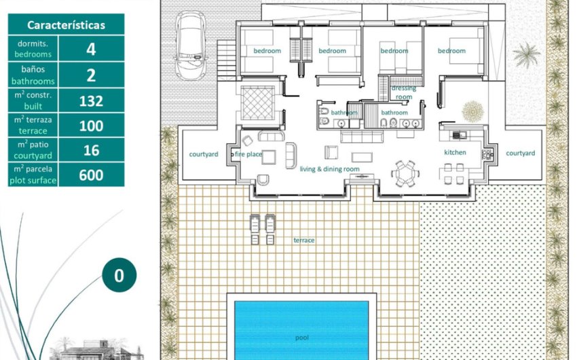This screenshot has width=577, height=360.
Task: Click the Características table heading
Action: [x=67, y=25]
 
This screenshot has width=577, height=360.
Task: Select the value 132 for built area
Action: [x=91, y=101]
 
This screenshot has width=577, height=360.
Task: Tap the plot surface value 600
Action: [x=91, y=175]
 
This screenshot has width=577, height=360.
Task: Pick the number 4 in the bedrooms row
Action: [x=91, y=50]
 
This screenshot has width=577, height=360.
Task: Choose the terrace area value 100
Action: [x=91, y=126]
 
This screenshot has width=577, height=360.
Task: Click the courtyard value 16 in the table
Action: [x=91, y=150]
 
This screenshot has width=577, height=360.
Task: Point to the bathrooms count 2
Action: [x=91, y=75]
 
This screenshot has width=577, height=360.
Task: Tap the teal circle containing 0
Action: [x=119, y=275]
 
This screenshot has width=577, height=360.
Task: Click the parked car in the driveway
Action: [x=190, y=46]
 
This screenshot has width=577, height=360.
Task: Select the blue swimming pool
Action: [x=301, y=330]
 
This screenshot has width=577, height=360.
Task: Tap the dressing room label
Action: [x=404, y=92]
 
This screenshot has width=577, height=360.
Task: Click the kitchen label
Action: [x=455, y=152]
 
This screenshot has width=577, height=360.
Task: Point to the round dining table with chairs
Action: [x=405, y=173]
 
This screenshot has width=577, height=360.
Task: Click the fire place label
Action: [x=248, y=154]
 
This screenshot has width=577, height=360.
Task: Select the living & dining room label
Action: [x=329, y=169]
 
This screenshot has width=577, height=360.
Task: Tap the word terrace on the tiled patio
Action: [x=304, y=240]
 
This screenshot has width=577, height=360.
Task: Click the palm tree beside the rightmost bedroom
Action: [x=527, y=55]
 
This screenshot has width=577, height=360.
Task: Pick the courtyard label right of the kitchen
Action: [x=521, y=154]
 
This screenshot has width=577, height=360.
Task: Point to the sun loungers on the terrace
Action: [x=263, y=229]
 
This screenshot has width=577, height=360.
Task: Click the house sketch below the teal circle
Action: [x=96, y=350]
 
